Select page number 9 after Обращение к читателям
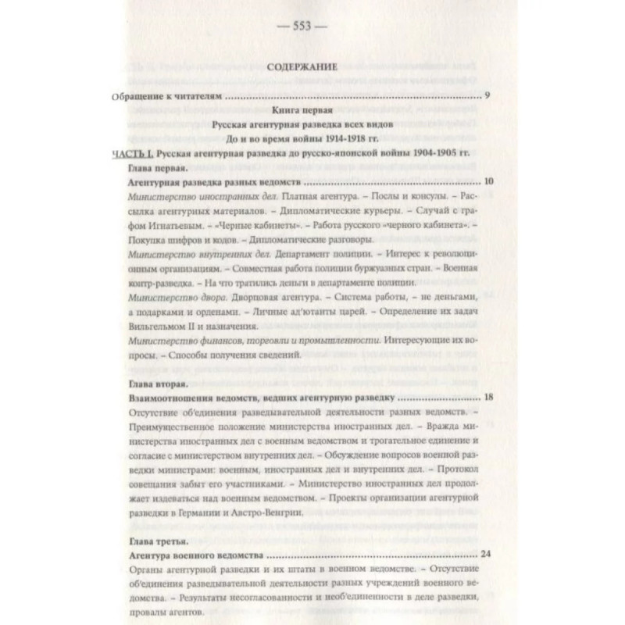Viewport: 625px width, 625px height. coord(487,98)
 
